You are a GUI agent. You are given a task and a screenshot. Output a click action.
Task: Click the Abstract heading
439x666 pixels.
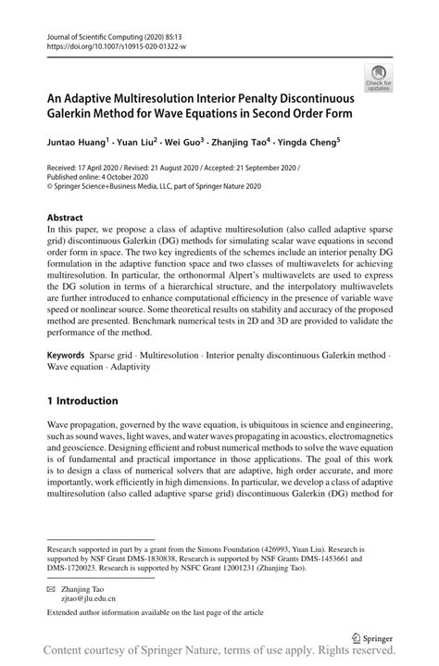pyautogui.click(x=65, y=218)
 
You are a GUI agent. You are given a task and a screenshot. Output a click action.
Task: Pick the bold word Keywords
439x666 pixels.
pyautogui.click(x=68, y=355)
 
